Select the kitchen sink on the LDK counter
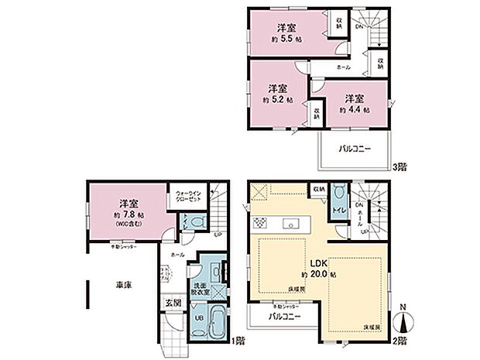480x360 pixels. click(293, 225)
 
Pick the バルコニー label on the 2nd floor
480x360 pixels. click(284, 317)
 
